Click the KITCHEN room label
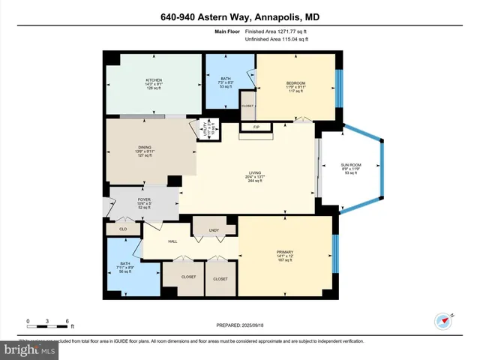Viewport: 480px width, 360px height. (x=154, y=79)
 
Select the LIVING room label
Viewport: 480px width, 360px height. (x=255, y=173)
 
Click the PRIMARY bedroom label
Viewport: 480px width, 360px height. (x=284, y=252)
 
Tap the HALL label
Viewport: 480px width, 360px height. (x=172, y=241)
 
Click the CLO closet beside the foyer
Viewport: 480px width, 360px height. (x=122, y=229)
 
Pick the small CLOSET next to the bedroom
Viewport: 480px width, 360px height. (x=247, y=106)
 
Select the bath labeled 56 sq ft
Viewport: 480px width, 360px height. (x=126, y=264)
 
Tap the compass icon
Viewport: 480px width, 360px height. (x=443, y=321)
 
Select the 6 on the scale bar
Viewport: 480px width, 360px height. (x=67, y=321)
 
